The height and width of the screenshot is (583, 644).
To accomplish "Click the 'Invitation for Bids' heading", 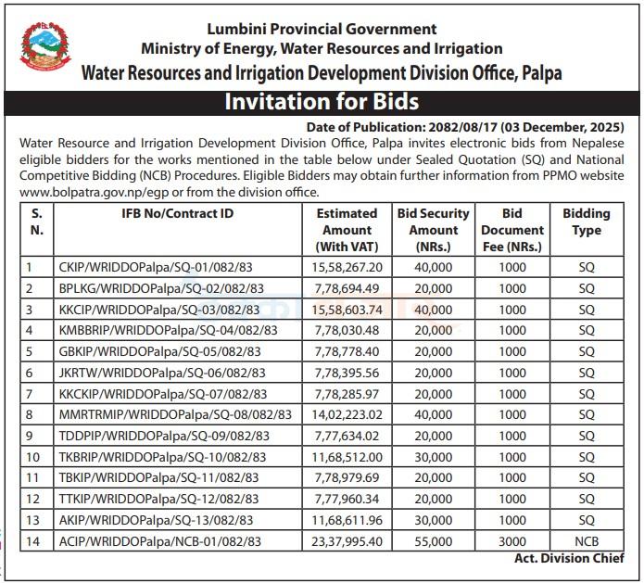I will (322, 101).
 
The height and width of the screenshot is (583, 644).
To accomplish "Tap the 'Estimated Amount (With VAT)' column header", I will (347, 229).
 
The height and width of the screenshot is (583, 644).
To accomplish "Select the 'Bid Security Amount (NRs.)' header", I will (434, 229).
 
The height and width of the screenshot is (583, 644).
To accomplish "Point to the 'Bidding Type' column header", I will (586, 222).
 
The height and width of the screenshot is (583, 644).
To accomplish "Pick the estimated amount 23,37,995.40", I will (347, 540).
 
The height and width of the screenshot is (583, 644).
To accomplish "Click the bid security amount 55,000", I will (434, 540).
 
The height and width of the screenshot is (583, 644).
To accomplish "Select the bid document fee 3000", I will (511, 540).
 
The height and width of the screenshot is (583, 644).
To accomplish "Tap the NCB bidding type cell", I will (586, 540).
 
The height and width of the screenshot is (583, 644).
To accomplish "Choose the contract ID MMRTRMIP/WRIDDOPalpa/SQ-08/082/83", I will (174, 414).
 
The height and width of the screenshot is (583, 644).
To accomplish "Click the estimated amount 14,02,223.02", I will (347, 414).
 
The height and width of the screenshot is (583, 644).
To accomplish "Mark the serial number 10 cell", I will (33, 457).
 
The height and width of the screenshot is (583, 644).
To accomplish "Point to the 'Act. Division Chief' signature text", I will (569, 559).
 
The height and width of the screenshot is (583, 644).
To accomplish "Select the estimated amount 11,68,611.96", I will (347, 520).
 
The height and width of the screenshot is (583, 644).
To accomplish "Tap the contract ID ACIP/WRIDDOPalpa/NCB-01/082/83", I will (159, 540).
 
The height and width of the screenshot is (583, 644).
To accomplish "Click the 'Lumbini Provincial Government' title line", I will (322, 30).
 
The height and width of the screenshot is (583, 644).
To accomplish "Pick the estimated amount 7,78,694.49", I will (347, 288).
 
